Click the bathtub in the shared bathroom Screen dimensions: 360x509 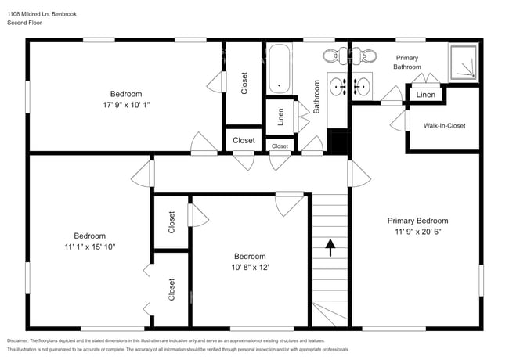[x=280, y=68]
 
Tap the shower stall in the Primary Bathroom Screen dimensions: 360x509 [x=461, y=60]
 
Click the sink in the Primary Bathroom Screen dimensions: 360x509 [x=363, y=85]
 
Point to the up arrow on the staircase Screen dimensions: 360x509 [x=330, y=248]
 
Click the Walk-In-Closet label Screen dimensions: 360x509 [x=444, y=125]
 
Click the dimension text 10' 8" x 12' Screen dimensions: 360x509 [x=250, y=268]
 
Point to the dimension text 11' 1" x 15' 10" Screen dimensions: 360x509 [x=90, y=247]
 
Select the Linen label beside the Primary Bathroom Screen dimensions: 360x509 [x=425, y=95]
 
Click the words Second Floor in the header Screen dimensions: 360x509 [x=26, y=23]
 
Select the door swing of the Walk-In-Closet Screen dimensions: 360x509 [x=402, y=121]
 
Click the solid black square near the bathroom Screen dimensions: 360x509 [x=338, y=142]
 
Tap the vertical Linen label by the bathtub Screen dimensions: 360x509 [x=280, y=117]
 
